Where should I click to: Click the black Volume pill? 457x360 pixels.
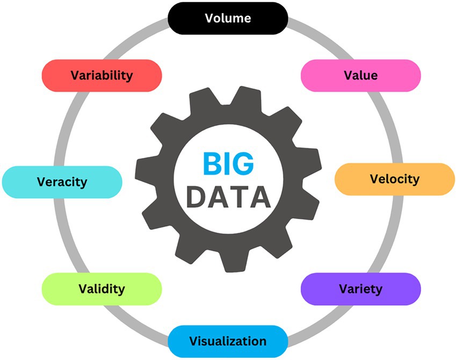pos(228,18)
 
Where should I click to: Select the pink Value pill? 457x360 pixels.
pos(360,75)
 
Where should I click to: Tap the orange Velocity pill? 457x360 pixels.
pos(395,179)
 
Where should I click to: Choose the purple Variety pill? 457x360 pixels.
pos(360,289)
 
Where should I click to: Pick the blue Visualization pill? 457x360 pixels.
pos(228,341)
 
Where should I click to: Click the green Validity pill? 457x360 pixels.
pos(101,289)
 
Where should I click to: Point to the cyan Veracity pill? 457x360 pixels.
pos(62,182)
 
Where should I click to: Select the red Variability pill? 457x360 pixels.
pos(101,75)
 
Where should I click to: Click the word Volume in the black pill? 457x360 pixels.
pos(228,18)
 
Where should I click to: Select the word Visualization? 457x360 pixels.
pos(228,341)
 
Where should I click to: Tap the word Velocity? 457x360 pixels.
pos(395,179)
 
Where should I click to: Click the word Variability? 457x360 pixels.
pos(101,75)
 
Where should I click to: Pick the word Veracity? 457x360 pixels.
pos(62,182)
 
